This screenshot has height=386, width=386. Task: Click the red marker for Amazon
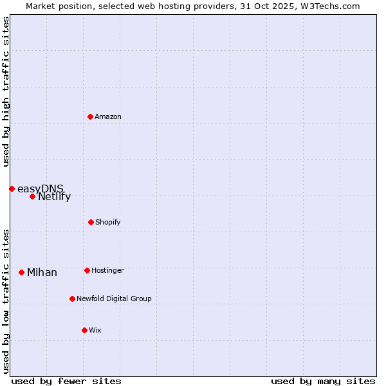click(x=90, y=116)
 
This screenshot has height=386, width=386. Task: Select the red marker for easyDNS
click(x=12, y=188)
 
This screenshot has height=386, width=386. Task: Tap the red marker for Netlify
click(x=32, y=196)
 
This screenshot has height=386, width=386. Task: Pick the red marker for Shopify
click(x=91, y=222)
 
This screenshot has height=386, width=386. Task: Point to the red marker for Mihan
click(x=21, y=272)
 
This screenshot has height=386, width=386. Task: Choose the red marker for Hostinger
click(x=87, y=270)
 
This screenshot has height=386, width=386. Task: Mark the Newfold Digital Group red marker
click(x=72, y=299)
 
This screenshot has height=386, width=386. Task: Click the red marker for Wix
click(x=84, y=330)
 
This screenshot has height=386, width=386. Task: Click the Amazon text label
click(x=108, y=116)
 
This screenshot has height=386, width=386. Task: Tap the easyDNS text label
click(x=41, y=188)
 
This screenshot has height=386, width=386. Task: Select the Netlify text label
click(x=54, y=197)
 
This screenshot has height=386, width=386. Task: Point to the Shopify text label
click(x=108, y=222)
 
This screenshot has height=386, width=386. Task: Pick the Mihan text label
click(x=42, y=273)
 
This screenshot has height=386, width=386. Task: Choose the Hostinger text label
click(x=107, y=270)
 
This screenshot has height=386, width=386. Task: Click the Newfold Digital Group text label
click(x=114, y=299)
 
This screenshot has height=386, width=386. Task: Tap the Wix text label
click(x=95, y=330)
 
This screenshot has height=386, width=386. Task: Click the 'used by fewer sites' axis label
click(x=66, y=381)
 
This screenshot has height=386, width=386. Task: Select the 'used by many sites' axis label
click(x=323, y=381)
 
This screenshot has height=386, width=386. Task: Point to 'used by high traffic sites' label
click(x=6, y=91)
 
